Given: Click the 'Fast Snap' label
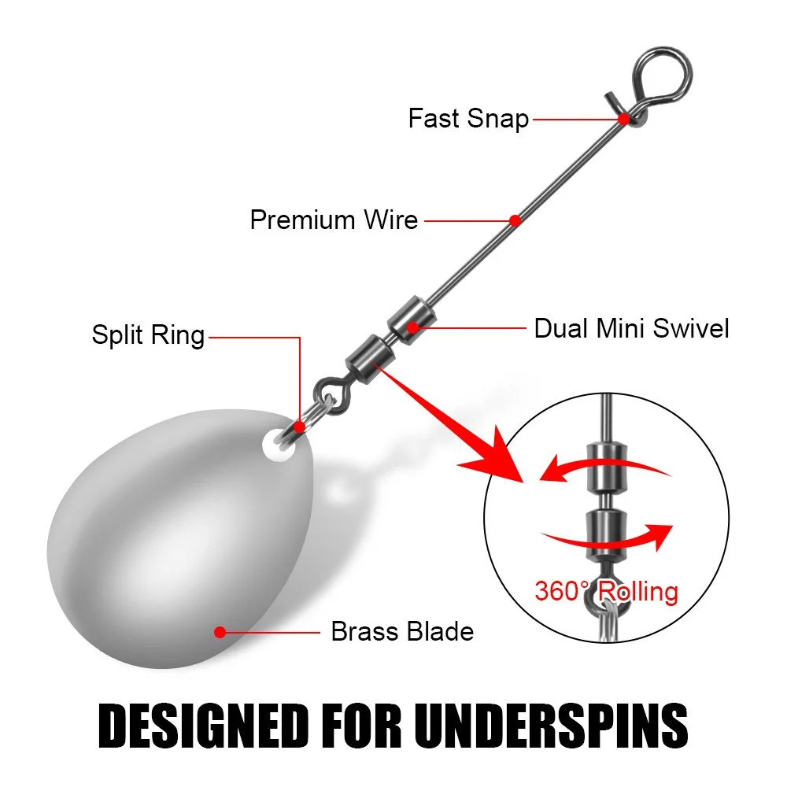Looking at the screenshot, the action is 468,119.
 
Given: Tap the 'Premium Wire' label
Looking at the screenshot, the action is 334,220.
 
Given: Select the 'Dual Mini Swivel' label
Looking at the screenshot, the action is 631,329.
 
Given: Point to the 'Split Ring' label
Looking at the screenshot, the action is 148,334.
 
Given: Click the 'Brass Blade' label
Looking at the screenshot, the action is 402,631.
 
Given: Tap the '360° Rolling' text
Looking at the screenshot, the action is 606,591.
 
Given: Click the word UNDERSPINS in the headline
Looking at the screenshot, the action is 551,726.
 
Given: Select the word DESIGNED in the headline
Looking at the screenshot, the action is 203,726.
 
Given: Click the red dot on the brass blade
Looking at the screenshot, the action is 220,632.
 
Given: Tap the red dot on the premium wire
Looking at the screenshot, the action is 515,220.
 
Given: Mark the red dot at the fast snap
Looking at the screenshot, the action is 623,120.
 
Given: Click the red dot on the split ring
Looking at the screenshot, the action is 299,427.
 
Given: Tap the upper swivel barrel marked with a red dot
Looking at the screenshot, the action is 412,320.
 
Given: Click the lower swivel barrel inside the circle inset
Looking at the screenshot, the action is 606,535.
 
